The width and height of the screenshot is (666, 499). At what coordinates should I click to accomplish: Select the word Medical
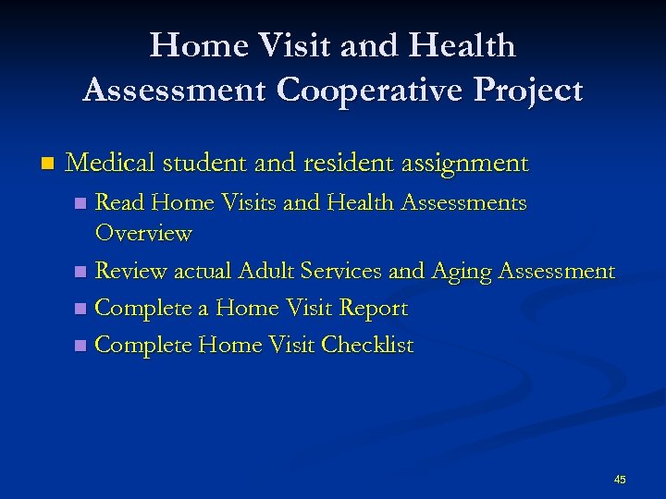[x=110, y=164]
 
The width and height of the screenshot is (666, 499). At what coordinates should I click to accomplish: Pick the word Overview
[x=143, y=233]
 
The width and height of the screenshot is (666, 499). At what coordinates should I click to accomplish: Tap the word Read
[x=121, y=202]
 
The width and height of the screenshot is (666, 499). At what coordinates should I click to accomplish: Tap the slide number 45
[x=620, y=480]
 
